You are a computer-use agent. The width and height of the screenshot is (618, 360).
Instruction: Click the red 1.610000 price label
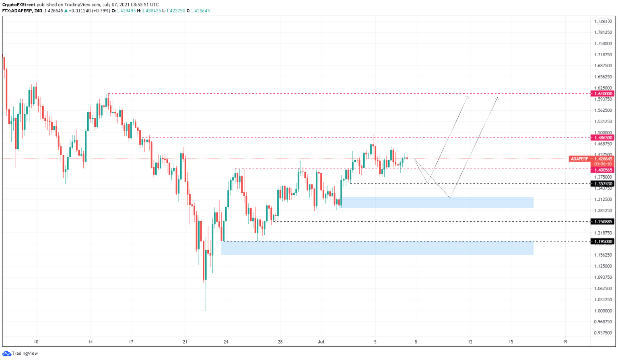point(602,94)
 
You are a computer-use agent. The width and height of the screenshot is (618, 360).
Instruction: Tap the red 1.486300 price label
point(602,138)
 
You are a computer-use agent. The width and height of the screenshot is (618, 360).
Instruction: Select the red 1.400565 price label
point(602,170)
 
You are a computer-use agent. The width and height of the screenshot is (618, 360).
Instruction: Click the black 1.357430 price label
point(602,184)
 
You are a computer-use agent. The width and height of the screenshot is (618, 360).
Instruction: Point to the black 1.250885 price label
point(602,222)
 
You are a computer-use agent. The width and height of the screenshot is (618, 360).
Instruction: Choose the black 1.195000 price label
point(602,242)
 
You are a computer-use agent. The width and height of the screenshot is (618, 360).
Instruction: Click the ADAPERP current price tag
point(579,159)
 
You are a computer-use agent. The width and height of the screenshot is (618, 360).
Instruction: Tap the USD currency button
point(603,22)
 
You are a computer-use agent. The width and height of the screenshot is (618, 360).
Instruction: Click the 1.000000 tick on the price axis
point(603,311)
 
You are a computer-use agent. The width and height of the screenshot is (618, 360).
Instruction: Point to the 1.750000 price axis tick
point(603,44)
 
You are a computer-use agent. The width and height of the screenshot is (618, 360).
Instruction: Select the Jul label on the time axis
point(321,342)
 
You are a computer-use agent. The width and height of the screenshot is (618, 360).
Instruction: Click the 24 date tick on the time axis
point(226,342)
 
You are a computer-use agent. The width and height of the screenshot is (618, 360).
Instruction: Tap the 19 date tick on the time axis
point(565,342)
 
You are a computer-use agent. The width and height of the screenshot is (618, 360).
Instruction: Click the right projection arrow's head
point(498,98)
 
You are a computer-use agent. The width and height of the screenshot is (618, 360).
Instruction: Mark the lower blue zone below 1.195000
point(377,248)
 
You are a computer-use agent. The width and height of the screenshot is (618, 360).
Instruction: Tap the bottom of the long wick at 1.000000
point(206,310)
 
